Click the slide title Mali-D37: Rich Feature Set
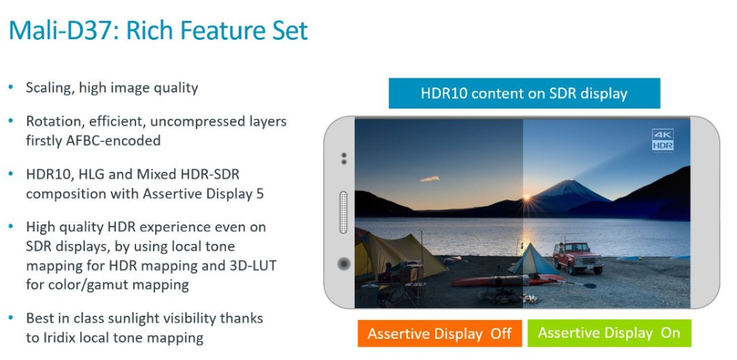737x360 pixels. (x=158, y=30)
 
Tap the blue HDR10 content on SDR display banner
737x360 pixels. (x=524, y=93)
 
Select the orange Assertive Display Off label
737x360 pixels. (x=440, y=334)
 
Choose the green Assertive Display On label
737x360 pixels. (x=609, y=333)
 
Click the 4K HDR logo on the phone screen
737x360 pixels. (x=662, y=140)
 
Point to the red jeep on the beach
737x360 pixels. (x=577, y=257)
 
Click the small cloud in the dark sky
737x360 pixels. (x=430, y=178)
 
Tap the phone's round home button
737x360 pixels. (x=343, y=264)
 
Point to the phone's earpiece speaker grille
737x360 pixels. (x=343, y=212)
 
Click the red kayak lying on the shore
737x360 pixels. (x=507, y=281)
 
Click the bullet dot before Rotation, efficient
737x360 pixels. (x=11, y=121)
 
